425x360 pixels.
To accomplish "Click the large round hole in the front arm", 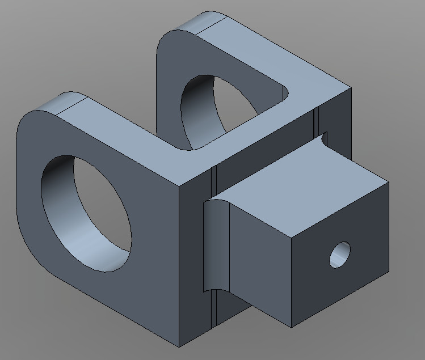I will click(85, 213).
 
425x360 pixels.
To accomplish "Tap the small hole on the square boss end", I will click(340, 255).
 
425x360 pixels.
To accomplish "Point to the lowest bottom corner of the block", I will click(179, 346).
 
